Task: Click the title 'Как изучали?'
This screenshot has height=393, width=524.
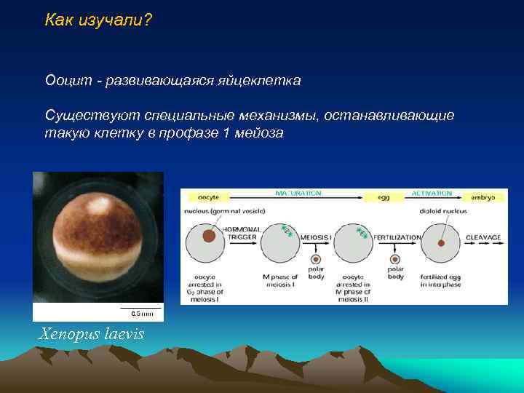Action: tap(98, 20)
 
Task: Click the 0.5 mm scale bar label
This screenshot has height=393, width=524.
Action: tap(141, 314)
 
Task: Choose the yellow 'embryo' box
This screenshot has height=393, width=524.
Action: tap(483, 197)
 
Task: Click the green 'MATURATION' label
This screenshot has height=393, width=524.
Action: tap(298, 193)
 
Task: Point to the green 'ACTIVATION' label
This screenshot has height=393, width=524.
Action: tap(432, 193)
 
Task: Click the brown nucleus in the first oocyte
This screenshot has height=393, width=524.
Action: tap(209, 236)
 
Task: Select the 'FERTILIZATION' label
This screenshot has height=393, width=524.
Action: tap(397, 237)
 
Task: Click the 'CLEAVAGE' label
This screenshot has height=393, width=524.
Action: tap(483, 237)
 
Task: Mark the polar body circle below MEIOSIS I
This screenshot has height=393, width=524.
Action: tap(316, 259)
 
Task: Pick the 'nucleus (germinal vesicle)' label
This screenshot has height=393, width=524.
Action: tap(225, 211)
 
